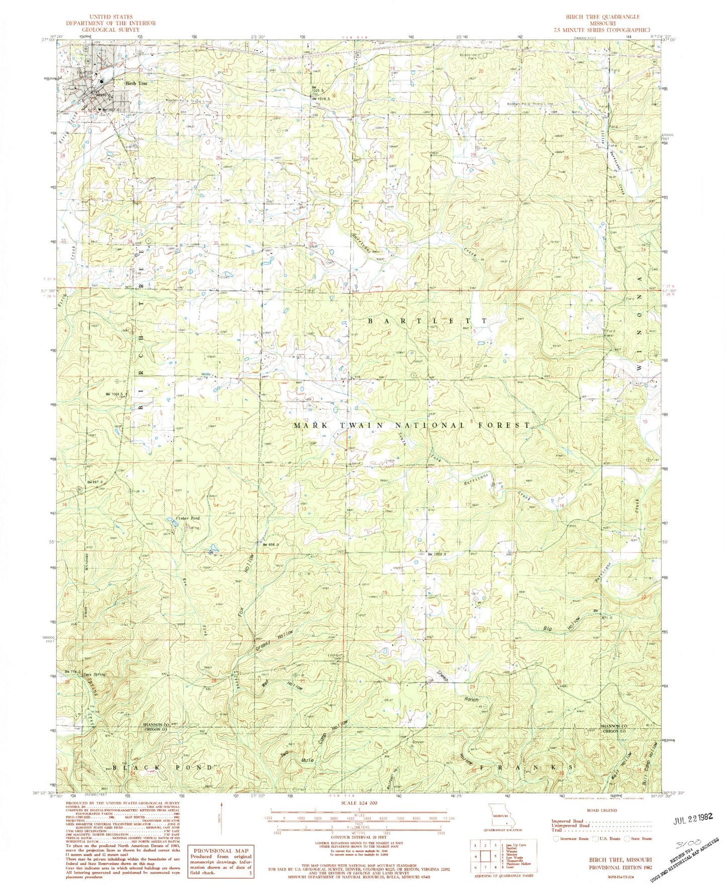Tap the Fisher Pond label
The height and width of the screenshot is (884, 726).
tap(173, 518)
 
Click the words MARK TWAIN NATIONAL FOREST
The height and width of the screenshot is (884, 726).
tap(411, 425)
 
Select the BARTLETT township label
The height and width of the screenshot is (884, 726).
tap(427, 321)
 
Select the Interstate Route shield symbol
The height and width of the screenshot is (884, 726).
tap(555, 838)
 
